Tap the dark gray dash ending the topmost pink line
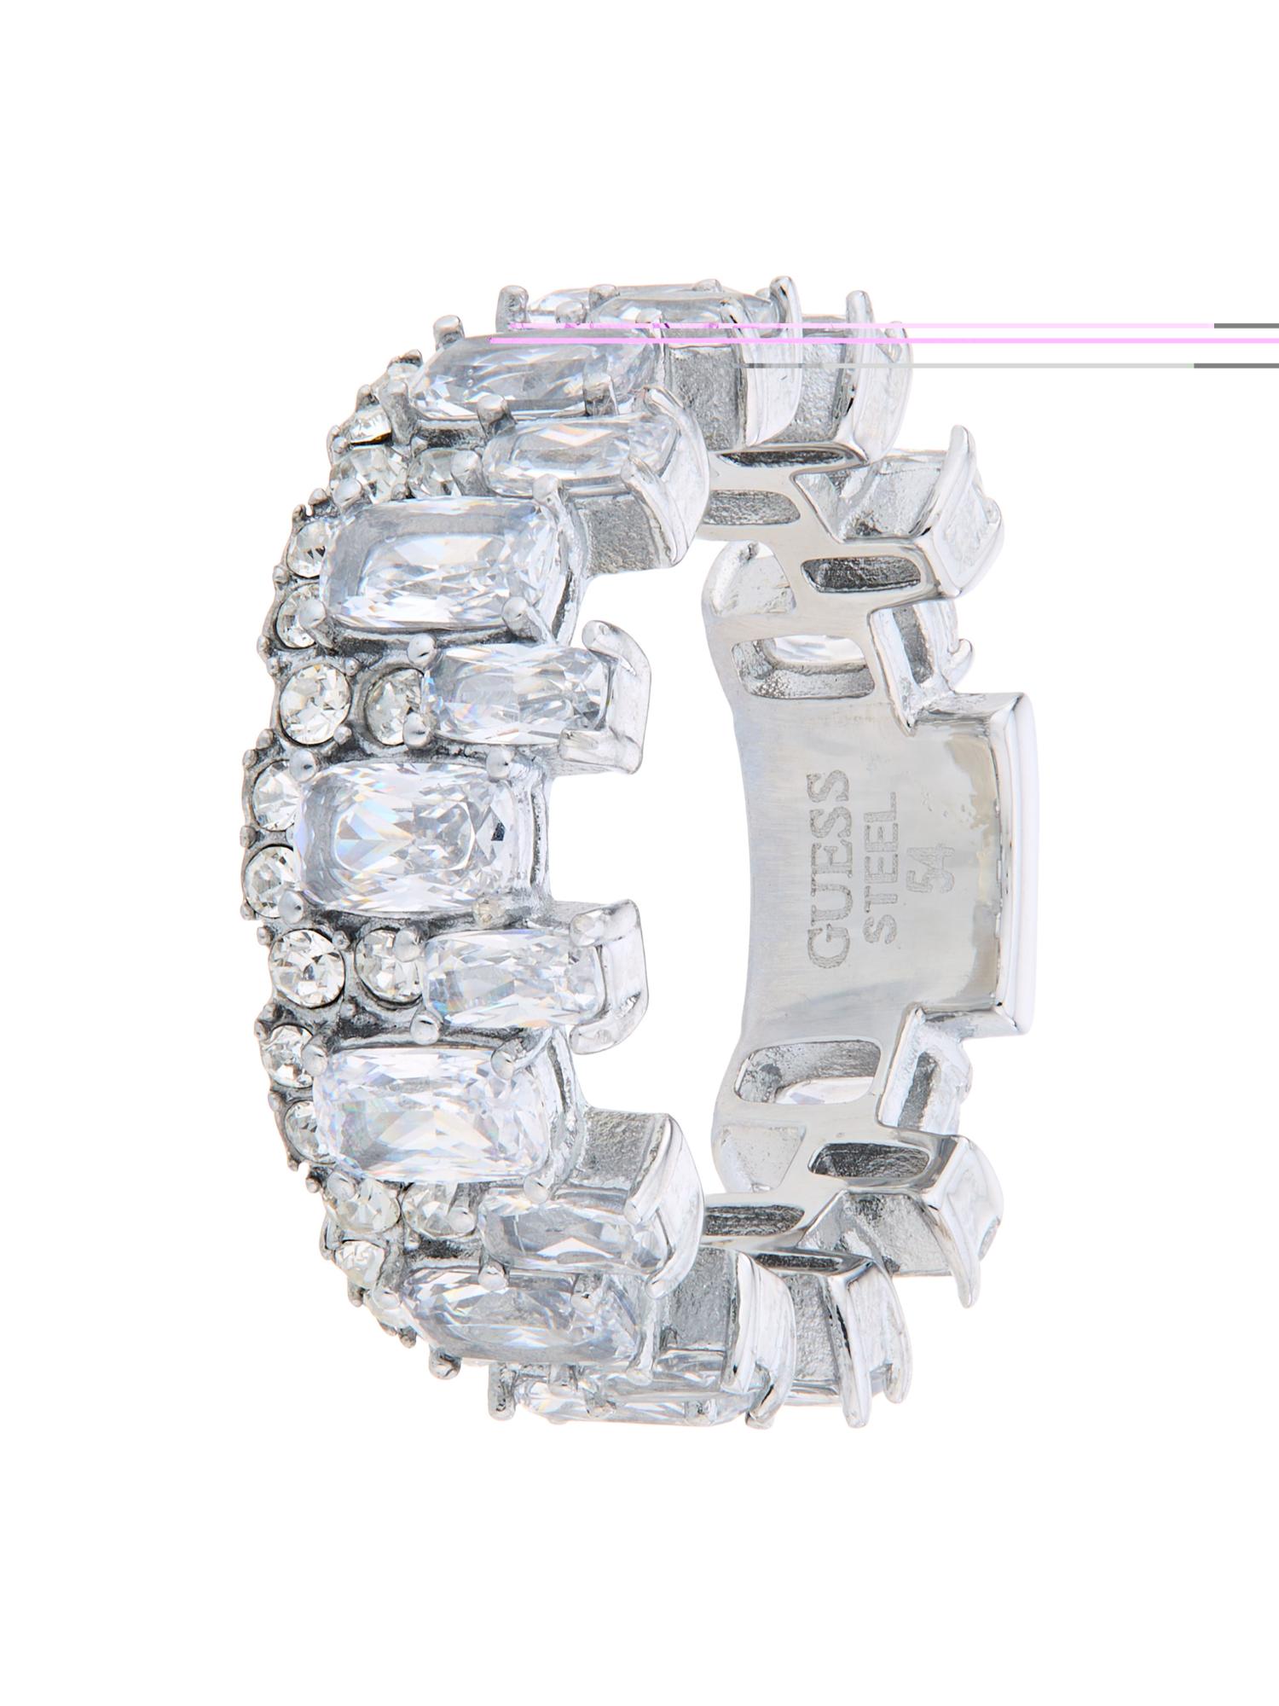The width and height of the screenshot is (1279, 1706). click(x=1246, y=325)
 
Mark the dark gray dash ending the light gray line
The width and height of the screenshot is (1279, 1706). click(x=1236, y=365)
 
